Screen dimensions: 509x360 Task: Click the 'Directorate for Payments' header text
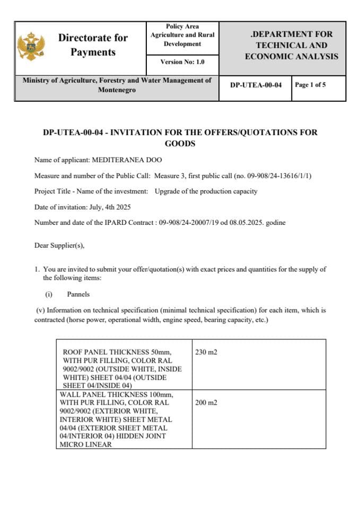tap(93, 45)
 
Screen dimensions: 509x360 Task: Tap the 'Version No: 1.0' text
tap(182, 62)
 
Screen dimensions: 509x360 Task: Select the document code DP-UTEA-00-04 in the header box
tap(256, 85)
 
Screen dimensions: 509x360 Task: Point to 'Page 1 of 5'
tap(310, 85)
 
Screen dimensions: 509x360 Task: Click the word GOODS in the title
tap(180, 144)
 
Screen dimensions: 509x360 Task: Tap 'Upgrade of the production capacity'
tap(206, 191)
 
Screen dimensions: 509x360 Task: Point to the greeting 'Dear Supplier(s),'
tap(59, 245)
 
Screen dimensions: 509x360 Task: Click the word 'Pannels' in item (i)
tap(78, 294)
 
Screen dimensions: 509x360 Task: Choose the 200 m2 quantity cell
tap(206, 402)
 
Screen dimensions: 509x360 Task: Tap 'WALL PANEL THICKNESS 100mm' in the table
tap(117, 394)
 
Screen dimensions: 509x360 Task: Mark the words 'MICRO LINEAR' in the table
tap(86, 444)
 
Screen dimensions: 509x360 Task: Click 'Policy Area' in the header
tap(182, 26)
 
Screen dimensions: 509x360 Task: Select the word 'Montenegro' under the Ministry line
tap(117, 90)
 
